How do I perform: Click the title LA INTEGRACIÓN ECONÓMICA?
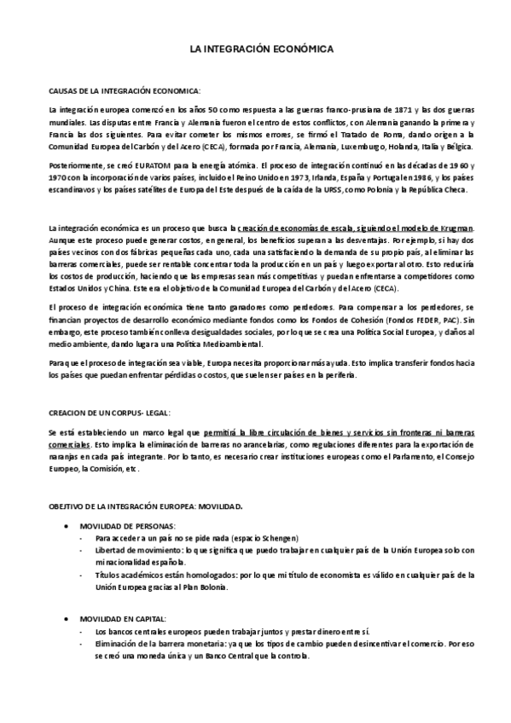[x=255, y=50]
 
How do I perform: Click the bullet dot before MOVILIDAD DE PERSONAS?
[x=67, y=526]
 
